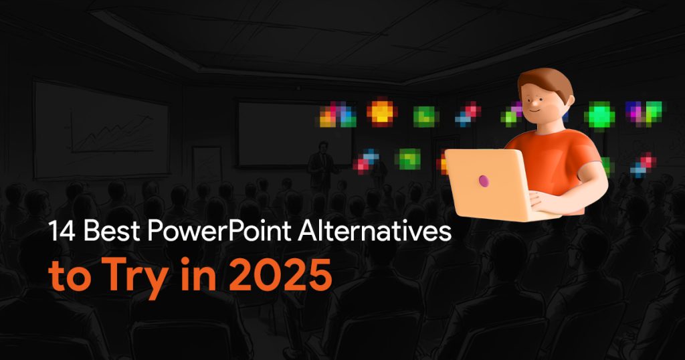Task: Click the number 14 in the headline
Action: [x=62, y=231]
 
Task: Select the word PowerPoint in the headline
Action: [x=219, y=231]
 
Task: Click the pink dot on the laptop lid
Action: [x=484, y=181]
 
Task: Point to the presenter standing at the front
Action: [x=322, y=165]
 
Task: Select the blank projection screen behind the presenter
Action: [x=294, y=134]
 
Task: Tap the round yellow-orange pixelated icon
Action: [x=382, y=112]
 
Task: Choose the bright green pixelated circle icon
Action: [x=599, y=115]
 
